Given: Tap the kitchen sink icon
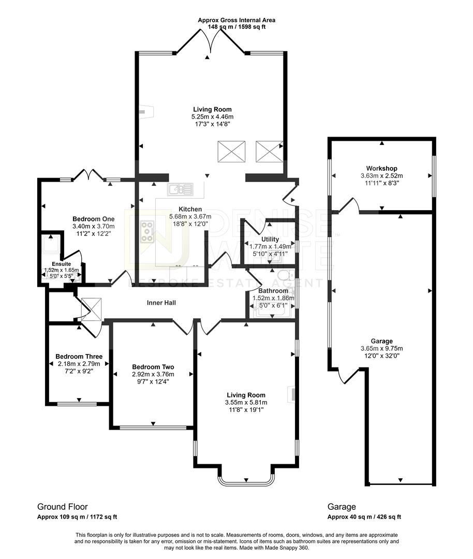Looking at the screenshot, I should tap(180, 189).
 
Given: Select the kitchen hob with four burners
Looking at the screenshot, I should tap(147, 231).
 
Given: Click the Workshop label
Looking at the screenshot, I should tap(381, 169).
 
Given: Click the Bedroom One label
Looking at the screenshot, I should tap(93, 219).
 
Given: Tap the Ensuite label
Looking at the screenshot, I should tap(62, 263).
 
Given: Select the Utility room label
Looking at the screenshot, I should tap(270, 239).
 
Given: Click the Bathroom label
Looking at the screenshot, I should tap(273, 291).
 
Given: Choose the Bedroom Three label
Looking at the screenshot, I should tap(79, 357).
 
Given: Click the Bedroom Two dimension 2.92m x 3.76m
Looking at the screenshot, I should tap(153, 374).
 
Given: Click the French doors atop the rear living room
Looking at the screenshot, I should tap(210, 41).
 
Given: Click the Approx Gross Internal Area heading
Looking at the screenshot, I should tap(236, 20).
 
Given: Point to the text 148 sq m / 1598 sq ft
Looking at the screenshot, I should tap(236, 27).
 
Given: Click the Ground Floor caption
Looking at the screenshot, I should tap(63, 507).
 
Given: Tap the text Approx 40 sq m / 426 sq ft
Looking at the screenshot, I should tap(364, 517).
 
